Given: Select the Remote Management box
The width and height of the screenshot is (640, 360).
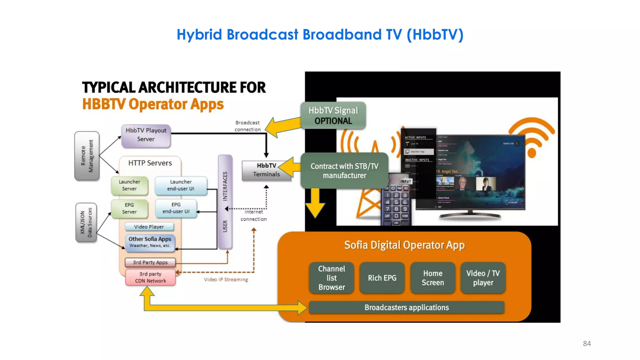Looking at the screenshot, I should [x=87, y=156].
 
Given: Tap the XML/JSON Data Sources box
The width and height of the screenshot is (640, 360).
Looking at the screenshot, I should [x=86, y=222].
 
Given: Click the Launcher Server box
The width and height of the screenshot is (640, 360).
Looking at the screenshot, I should [x=129, y=185].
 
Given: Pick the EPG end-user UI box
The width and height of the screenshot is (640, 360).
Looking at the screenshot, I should [x=176, y=208].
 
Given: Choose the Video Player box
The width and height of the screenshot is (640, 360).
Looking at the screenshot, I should [x=149, y=227].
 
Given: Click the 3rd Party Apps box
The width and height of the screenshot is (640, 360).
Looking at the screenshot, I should [x=150, y=262].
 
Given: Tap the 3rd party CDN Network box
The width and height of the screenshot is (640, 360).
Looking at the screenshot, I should [x=150, y=277].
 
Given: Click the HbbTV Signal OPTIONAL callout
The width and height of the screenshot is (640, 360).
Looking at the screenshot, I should [x=333, y=115].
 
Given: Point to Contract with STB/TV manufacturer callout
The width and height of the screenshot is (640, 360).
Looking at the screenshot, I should [x=344, y=171].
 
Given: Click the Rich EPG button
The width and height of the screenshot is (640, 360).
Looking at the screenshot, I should [x=382, y=278].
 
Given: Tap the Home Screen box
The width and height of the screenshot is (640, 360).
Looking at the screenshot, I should [x=432, y=278].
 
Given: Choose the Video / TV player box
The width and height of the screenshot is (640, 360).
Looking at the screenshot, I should [x=483, y=278].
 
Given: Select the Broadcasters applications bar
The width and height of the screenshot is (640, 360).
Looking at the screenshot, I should [x=406, y=307].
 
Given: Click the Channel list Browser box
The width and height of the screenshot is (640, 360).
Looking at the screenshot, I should [x=332, y=278].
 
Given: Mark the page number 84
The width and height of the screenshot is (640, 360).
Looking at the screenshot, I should [x=587, y=343].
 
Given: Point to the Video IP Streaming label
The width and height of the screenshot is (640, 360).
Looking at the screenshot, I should [x=226, y=279].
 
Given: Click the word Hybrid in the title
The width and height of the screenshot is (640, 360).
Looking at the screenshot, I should [x=199, y=35].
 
